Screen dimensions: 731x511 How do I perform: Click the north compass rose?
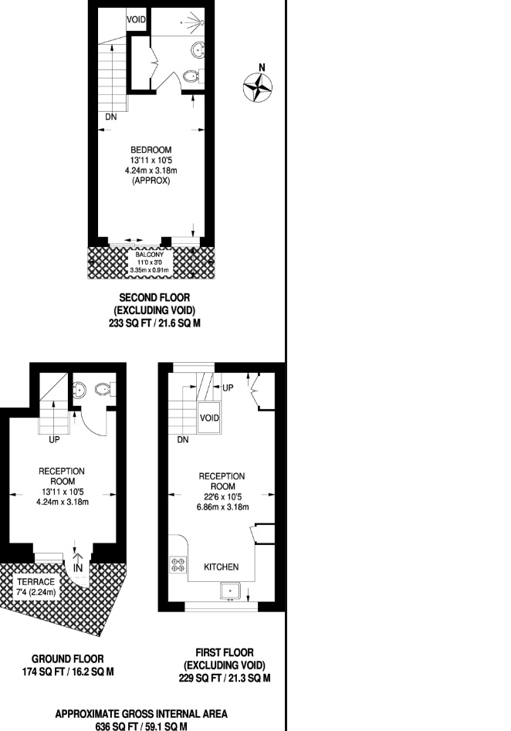point(258,86)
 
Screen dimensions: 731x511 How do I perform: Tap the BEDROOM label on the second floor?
point(151,150)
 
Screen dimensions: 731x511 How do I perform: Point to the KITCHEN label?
point(221,567)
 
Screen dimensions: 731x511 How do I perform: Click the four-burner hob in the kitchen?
point(178,564)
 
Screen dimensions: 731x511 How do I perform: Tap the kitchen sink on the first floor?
point(230,592)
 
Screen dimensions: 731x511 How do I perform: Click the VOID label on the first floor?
point(209,418)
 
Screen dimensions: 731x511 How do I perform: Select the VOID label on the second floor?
point(136,19)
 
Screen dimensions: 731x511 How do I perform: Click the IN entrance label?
point(78,567)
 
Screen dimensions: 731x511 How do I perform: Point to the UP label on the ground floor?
point(54,442)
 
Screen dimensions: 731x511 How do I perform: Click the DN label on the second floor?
point(112,117)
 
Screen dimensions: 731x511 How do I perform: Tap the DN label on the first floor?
point(183,441)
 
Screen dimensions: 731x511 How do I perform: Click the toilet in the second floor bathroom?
point(191,76)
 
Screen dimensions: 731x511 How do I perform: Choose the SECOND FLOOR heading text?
point(154,297)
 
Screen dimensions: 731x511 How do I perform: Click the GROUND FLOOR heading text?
point(68,659)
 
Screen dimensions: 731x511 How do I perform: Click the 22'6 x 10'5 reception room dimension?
point(222,497)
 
